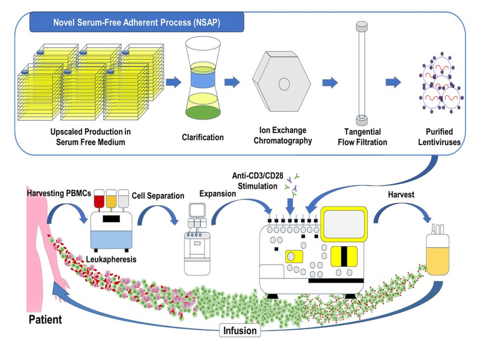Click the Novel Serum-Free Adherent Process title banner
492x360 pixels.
pos(136,23)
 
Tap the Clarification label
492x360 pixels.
pos(202,137)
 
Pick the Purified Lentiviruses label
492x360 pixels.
pos(439,136)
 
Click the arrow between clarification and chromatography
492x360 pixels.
pos(232,82)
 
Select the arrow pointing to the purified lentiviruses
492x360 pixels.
pos(394,83)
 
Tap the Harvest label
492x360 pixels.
pos(402,195)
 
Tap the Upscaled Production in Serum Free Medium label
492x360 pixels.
pos(91,136)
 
